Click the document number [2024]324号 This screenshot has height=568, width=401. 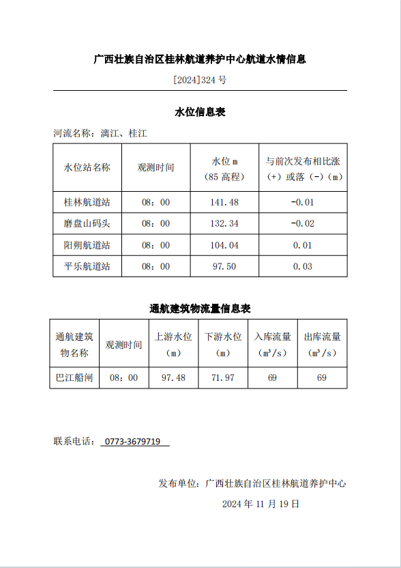click(x=200, y=80)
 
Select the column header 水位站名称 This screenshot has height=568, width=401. click(x=87, y=167)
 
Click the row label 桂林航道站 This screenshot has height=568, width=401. click(x=87, y=203)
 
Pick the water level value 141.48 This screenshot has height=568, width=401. click(x=224, y=203)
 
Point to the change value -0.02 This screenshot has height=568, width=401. click(x=303, y=224)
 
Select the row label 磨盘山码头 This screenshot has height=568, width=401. click(x=87, y=224)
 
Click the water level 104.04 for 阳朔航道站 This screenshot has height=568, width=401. click(x=224, y=245)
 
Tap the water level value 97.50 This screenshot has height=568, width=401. click(x=224, y=266)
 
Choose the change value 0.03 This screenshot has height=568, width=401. click(x=303, y=266)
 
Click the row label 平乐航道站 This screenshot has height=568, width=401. click(x=87, y=266)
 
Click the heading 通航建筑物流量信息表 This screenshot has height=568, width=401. click(x=200, y=309)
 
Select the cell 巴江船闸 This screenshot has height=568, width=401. click(x=74, y=378)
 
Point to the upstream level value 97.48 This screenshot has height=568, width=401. click(x=173, y=378)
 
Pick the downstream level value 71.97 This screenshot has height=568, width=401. click(x=223, y=378)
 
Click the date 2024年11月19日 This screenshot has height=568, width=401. click(x=261, y=505)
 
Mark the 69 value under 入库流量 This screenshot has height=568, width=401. click(x=272, y=378)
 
